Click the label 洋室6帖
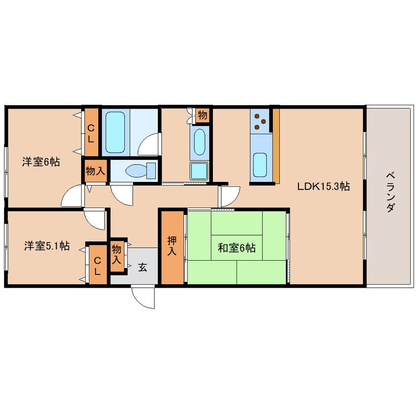click(x=41, y=162)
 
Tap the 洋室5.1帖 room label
click(x=47, y=246)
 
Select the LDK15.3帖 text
click(x=324, y=186)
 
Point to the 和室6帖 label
click(x=237, y=248)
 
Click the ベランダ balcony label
click(x=390, y=192)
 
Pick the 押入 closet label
click(x=172, y=246)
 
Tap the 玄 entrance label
click(x=143, y=267)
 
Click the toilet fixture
click(x=141, y=170)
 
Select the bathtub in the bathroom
click(x=115, y=132)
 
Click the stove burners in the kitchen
click(x=260, y=121)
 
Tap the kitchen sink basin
click(x=260, y=165)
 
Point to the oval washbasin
click(x=200, y=142)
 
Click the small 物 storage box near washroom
click(x=203, y=116)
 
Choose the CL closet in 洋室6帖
click(x=91, y=132)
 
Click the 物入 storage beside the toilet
click(x=95, y=171)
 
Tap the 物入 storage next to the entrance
click(x=117, y=254)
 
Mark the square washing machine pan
click(x=199, y=171)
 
